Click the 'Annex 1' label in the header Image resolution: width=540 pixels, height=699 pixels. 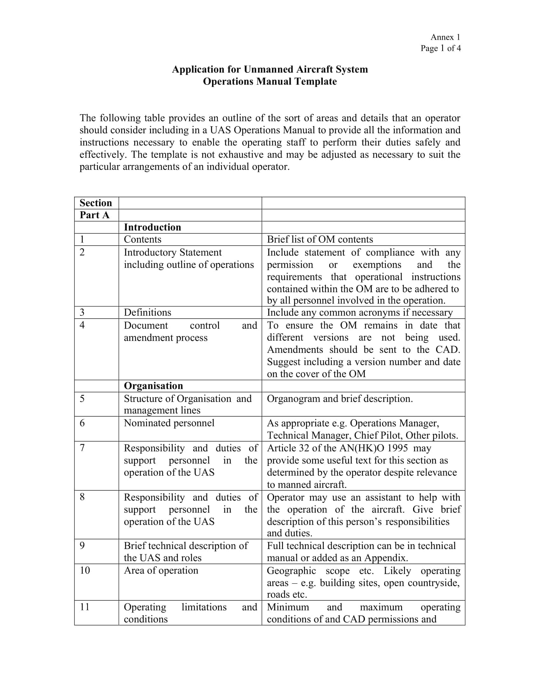click(445, 37)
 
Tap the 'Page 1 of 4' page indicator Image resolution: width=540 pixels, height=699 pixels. click(441, 48)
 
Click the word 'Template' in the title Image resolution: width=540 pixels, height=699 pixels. click(315, 81)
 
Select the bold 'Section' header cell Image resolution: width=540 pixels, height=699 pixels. click(96, 203)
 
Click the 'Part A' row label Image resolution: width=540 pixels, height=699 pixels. click(94, 215)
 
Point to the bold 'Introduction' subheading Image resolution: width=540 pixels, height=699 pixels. click(152, 227)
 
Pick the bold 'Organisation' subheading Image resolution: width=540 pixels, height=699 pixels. click(153, 386)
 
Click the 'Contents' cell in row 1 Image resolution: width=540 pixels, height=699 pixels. click(142, 239)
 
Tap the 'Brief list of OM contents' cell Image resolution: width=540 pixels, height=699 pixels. click(320, 239)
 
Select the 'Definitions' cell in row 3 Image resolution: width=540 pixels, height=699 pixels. click(147, 312)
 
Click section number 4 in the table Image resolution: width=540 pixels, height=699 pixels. click(82, 325)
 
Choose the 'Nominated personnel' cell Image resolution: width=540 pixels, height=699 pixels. click(169, 423)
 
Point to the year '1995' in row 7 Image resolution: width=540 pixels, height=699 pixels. click(397, 448)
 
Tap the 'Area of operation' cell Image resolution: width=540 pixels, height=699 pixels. click(161, 571)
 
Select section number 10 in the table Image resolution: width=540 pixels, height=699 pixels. click(85, 571)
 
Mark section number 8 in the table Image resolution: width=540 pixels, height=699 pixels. click(82, 497)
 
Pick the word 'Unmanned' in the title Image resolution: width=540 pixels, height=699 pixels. click(268, 70)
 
